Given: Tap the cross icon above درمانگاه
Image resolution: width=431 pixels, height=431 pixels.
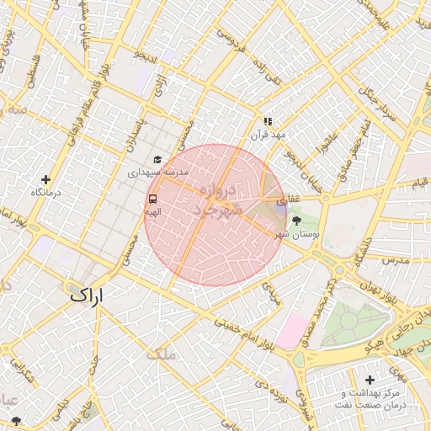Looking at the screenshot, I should point(45,179).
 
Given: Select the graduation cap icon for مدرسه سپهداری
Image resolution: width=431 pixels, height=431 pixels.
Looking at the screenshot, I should point(157,159).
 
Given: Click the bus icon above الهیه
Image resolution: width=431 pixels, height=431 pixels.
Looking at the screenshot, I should point(152,200).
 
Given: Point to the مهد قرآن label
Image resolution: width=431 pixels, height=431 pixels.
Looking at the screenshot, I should point(268,135).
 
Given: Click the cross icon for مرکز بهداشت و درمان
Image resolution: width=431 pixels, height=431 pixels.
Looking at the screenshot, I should point(370,380).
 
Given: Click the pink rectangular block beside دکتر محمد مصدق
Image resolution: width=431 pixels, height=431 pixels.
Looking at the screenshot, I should point(292,331).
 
